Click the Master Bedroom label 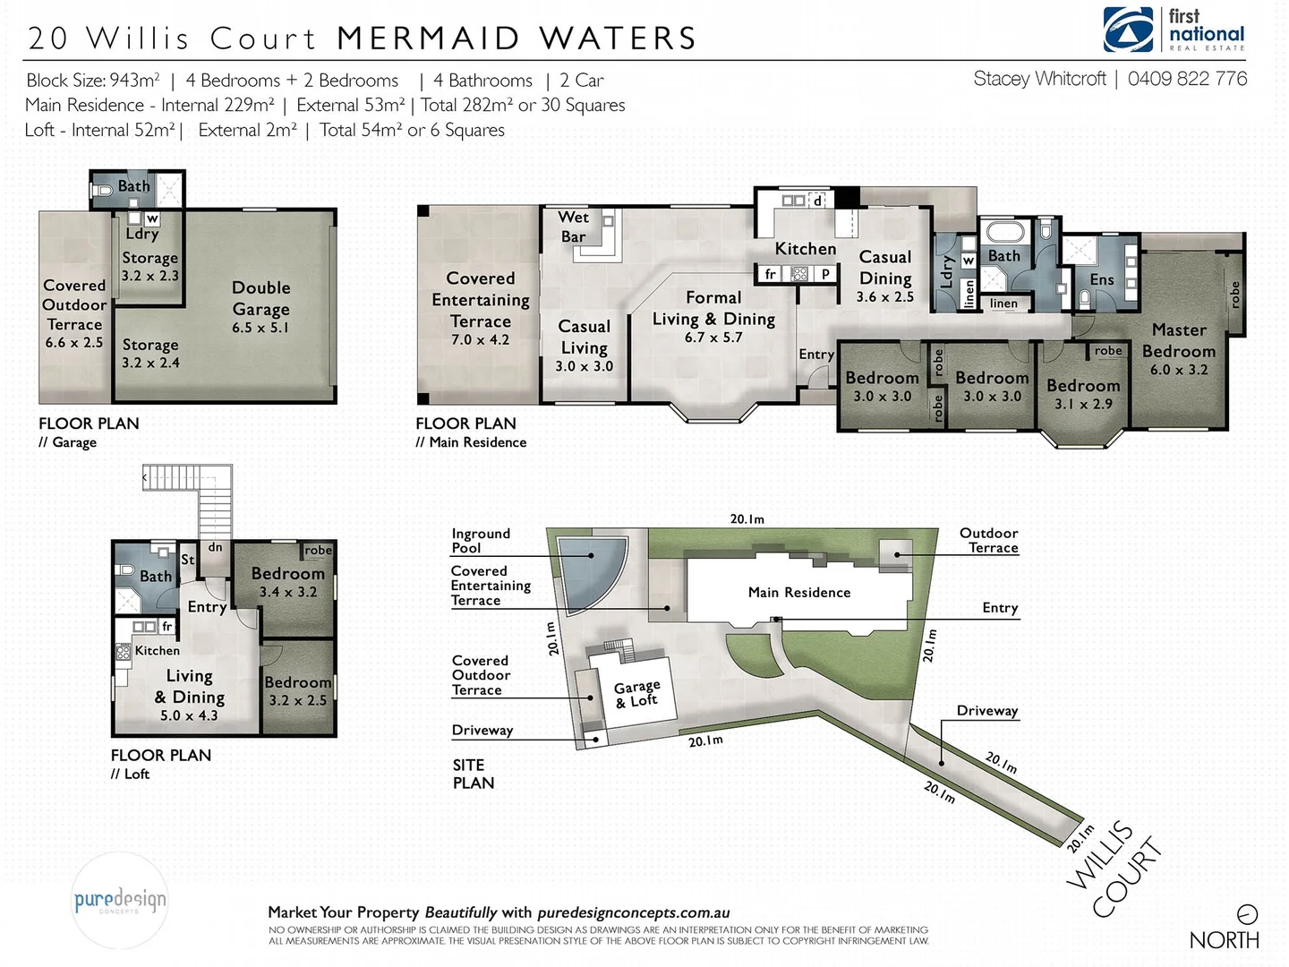(1178, 340)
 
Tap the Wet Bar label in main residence (573, 227)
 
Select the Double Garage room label (260, 298)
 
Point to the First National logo (1174, 30)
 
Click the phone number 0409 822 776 (1187, 79)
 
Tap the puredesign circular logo (119, 900)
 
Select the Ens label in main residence (1101, 279)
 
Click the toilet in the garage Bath (102, 190)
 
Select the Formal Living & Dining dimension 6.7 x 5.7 (713, 338)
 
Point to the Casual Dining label (884, 268)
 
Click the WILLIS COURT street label (1114, 870)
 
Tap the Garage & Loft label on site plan (636, 693)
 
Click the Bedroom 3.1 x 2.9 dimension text (1083, 404)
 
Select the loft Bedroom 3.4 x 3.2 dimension (287, 592)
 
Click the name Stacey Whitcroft (1039, 79)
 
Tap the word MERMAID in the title (428, 39)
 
